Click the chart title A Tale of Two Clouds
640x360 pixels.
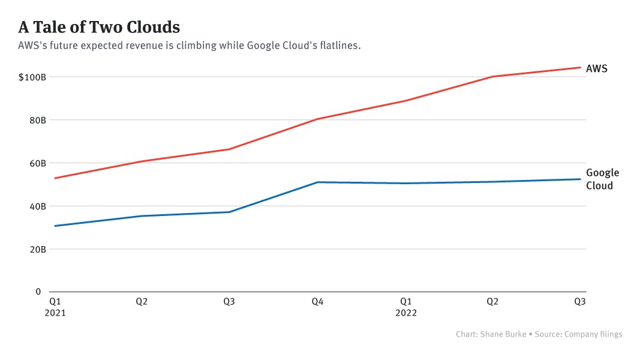[x=99, y=27]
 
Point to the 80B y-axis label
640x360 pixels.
[x=37, y=120]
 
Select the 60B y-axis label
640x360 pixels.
[x=37, y=163]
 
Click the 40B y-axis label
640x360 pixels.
[x=37, y=206]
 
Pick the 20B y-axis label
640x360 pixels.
[x=37, y=249]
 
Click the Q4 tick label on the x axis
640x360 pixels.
[x=317, y=302]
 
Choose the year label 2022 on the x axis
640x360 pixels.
[x=406, y=313]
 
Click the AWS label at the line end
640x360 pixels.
[x=596, y=68]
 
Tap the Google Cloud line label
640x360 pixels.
[x=602, y=179]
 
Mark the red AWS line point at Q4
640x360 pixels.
[x=317, y=119]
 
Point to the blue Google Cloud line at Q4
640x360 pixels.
[x=317, y=182]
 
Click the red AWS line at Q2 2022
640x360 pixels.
[x=493, y=76]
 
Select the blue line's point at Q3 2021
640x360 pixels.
[x=229, y=212]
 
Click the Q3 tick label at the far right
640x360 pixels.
[x=580, y=302]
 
